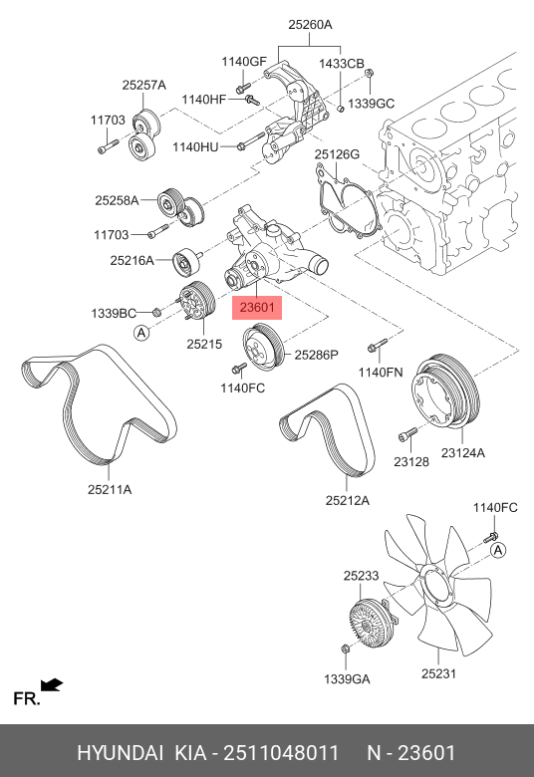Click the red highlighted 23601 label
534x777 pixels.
coord(257,308)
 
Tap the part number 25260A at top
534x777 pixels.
coord(311,24)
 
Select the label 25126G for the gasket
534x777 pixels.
coord(337,154)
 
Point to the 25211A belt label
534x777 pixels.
coord(110,489)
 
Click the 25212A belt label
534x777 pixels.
coord(348,500)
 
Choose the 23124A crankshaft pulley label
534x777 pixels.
coord(463,452)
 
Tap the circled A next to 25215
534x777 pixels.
coord(141,333)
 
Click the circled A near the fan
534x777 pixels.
coord(498,550)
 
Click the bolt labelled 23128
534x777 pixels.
coord(407,434)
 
